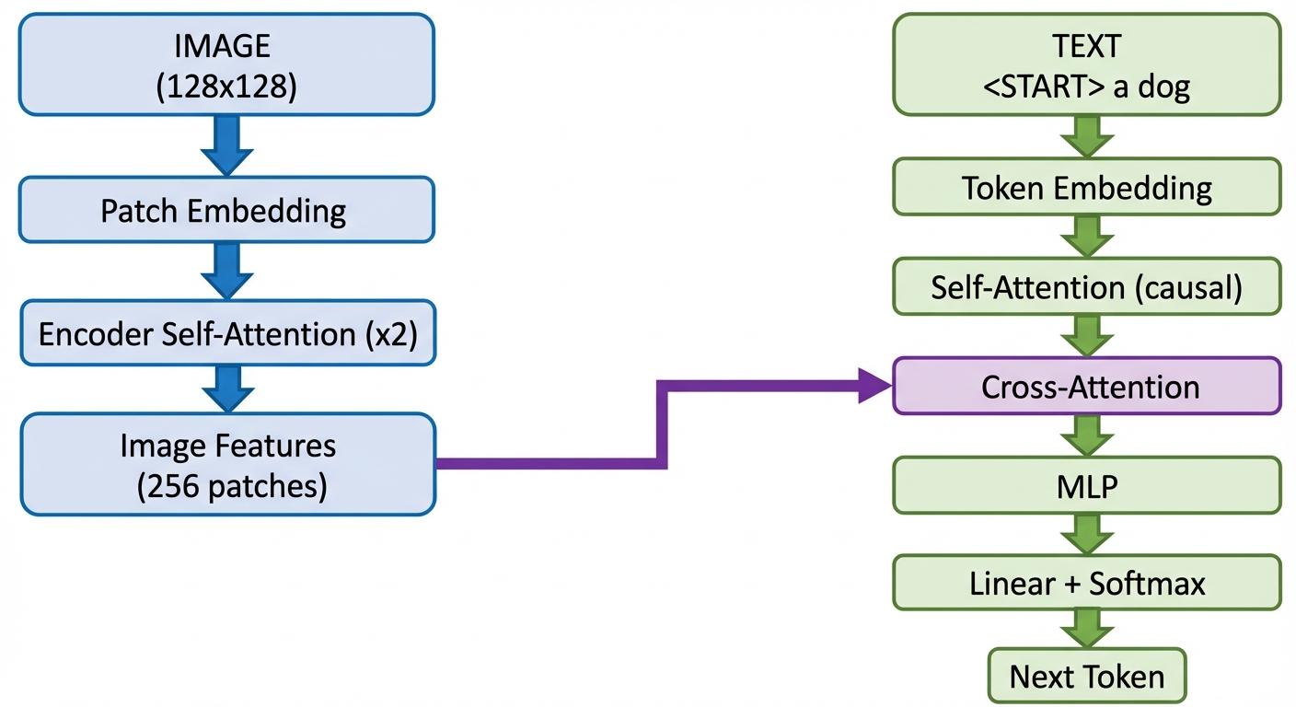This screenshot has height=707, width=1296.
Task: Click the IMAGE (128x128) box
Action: [226, 64]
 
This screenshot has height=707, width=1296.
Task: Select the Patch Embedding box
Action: [226, 211]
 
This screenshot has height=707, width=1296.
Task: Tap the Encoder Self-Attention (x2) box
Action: [226, 332]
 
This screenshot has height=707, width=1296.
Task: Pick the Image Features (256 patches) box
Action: [226, 464]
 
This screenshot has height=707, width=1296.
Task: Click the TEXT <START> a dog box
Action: [1086, 64]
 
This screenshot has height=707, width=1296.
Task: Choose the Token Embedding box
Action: [1086, 189]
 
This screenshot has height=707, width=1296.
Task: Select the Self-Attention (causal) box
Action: [1086, 287]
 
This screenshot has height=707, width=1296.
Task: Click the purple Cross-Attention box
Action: [1086, 387]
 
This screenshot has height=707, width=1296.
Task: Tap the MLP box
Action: [1086, 485]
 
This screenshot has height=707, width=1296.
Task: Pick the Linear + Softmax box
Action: [1086, 583]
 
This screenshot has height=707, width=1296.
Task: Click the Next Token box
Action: [1086, 677]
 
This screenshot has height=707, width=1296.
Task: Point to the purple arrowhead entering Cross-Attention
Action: [874, 386]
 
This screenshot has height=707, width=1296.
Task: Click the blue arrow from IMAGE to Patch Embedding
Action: [226, 145]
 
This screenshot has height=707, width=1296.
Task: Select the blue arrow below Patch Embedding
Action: [226, 271]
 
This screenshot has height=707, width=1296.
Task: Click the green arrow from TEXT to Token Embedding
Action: [1086, 136]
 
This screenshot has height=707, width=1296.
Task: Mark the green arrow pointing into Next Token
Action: [1086, 630]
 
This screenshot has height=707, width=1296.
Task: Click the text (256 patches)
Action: [232, 485]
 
